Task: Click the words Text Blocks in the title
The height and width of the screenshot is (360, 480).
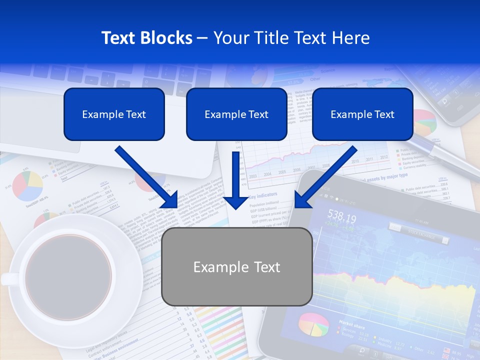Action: point(146,38)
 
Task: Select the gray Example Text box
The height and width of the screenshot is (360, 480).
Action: point(236,267)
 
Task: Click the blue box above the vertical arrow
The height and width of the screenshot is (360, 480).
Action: point(236,114)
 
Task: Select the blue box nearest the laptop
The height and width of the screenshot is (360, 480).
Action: point(114,114)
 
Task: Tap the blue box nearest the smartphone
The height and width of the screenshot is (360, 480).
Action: point(362,114)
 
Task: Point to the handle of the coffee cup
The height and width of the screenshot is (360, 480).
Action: point(8,278)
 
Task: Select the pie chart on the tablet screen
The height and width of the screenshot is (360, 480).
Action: point(313,324)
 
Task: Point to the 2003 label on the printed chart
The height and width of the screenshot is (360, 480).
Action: point(253,176)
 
